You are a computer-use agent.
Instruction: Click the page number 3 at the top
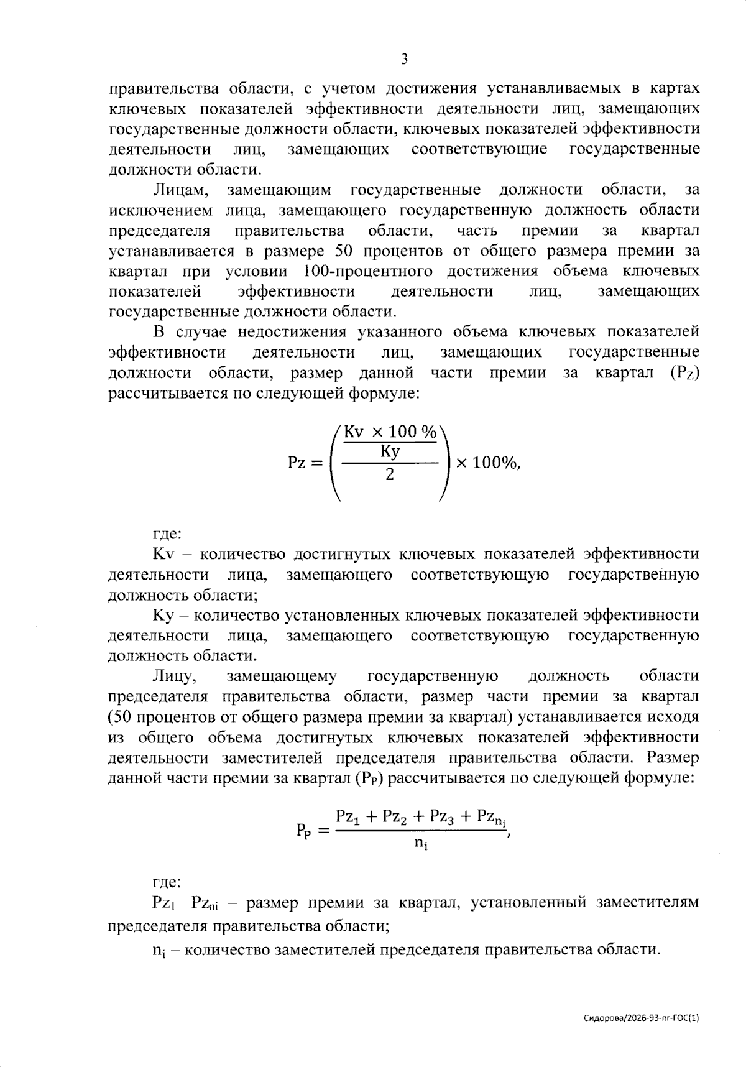tap(404, 60)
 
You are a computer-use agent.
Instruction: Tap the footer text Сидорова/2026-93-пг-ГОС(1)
tap(642, 1018)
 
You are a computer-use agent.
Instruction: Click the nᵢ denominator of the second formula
tap(421, 844)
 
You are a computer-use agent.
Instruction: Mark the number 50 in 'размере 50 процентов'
tap(346, 251)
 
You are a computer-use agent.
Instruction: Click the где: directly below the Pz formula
tap(166, 533)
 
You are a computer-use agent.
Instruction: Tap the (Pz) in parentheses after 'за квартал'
tap(685, 374)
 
